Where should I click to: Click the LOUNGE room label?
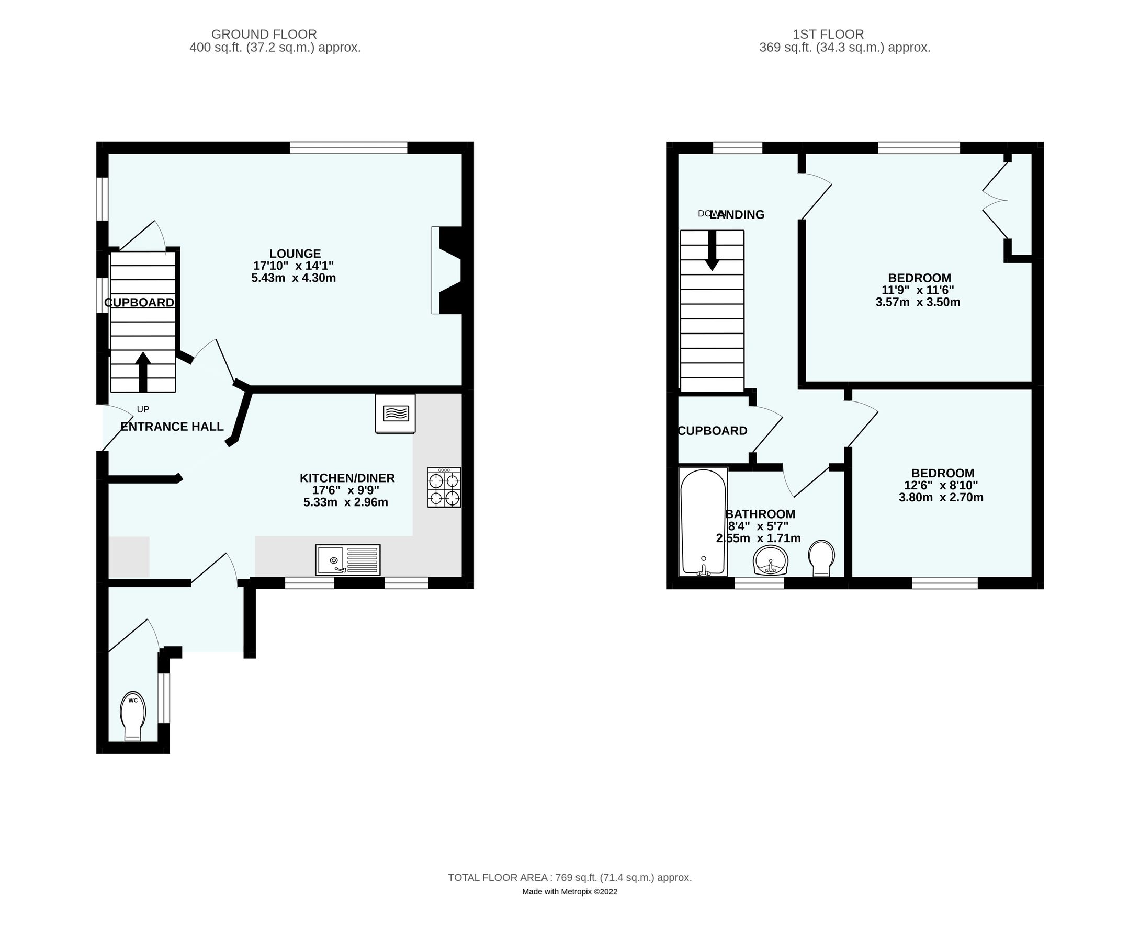(295, 254)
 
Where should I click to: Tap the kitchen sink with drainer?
(347, 559)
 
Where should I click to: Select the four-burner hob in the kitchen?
(444, 487)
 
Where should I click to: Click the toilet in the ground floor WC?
(133, 716)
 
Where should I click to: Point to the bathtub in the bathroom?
(703, 521)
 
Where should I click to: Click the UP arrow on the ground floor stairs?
(143, 371)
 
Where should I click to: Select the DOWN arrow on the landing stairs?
(712, 250)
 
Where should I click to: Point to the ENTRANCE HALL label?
(172, 427)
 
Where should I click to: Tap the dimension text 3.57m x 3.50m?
(918, 303)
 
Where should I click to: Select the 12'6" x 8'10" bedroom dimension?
(941, 486)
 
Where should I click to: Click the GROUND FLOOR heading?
(264, 34)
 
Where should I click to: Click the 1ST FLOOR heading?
(828, 34)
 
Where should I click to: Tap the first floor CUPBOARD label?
(712, 431)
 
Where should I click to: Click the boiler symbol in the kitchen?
(395, 413)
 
